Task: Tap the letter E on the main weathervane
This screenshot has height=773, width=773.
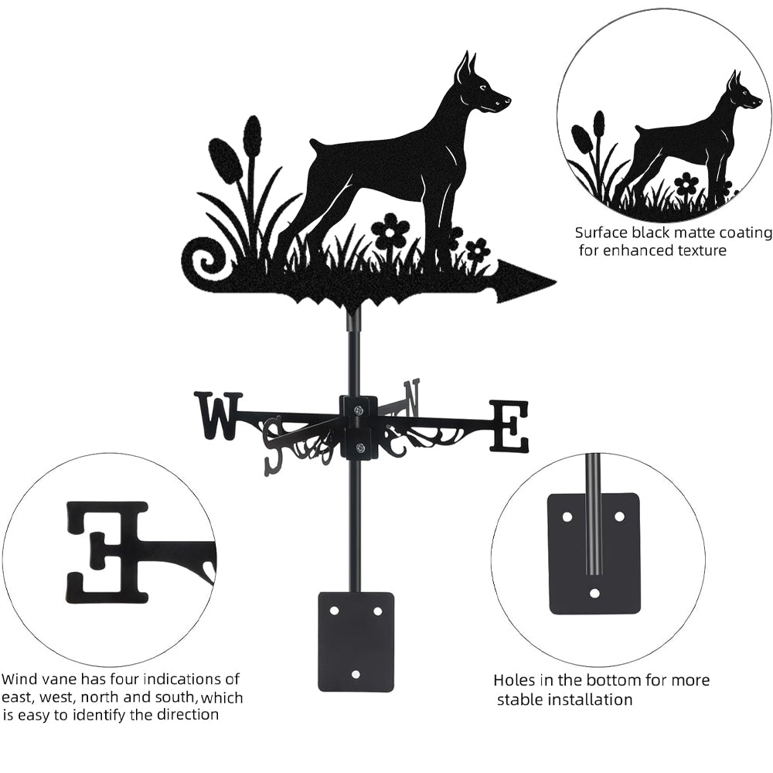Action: click(x=509, y=427)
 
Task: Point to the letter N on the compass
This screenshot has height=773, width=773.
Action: click(x=412, y=397)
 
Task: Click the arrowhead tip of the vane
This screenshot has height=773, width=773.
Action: click(x=556, y=282)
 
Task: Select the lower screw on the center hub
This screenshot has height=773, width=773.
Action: click(x=359, y=448)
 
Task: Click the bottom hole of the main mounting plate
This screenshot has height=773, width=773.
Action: click(x=356, y=673)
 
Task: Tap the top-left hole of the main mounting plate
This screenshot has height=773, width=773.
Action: click(x=335, y=611)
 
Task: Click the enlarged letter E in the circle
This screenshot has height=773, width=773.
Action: click(x=107, y=552)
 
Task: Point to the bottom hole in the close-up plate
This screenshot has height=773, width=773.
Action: click(x=595, y=593)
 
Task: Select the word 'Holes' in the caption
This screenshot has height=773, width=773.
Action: click(x=514, y=680)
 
